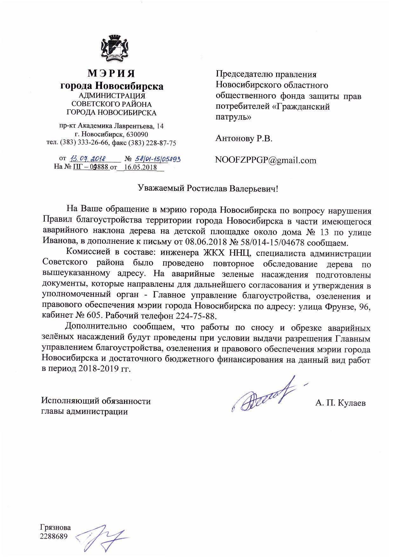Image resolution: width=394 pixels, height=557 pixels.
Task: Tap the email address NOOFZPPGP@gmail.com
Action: click(266, 160)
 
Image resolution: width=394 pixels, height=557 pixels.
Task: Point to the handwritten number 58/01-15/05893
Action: click(158, 158)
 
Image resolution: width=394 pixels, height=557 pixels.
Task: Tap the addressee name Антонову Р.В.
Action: click(244, 139)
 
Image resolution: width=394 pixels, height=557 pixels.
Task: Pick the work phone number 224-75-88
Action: click(199, 316)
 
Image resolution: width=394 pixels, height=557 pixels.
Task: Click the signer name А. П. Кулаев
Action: click(340, 403)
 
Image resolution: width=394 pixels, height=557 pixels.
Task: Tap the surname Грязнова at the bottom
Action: click(55, 528)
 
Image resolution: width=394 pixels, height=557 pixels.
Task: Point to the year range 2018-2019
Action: click(95, 369)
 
